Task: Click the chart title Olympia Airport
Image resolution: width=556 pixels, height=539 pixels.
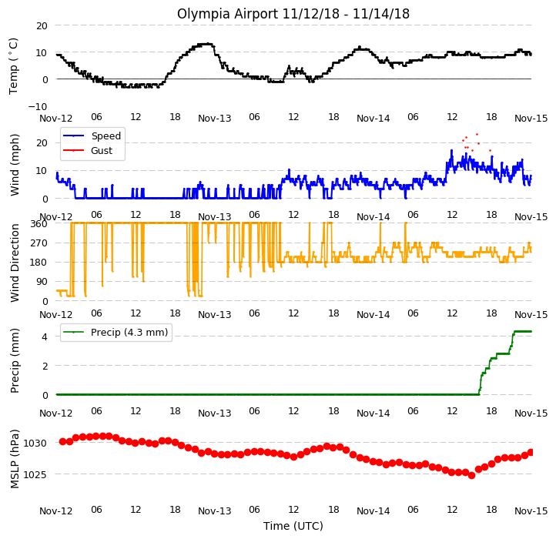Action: [227, 14]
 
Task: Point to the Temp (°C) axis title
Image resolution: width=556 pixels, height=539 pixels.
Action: [13, 66]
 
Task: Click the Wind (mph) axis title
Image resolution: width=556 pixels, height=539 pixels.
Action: [14, 165]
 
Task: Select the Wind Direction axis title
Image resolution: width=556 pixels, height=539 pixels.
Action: [14, 263]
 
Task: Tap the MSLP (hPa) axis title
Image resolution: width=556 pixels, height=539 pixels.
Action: [14, 459]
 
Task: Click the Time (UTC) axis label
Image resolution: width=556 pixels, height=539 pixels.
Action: [293, 525]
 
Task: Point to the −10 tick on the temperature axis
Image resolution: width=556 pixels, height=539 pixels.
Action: [38, 106]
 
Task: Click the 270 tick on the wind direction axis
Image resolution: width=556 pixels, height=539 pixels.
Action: [39, 243]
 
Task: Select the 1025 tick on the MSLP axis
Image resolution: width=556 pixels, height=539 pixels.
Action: [35, 474]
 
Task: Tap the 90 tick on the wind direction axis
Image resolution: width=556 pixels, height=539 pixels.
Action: [42, 282]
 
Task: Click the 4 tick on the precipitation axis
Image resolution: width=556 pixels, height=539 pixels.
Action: [45, 336]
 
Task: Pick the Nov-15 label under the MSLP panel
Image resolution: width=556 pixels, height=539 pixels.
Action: [531, 511]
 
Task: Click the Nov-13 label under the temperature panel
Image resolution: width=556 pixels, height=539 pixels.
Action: [215, 118]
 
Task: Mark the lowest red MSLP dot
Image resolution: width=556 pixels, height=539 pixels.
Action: [471, 476]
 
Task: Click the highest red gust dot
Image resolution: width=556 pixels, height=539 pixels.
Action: [477, 135]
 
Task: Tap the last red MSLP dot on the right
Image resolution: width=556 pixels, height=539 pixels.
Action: [531, 452]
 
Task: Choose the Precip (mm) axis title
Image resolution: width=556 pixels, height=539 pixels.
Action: [14, 360]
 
